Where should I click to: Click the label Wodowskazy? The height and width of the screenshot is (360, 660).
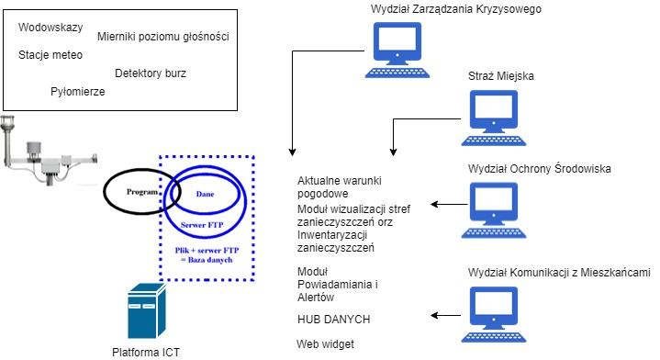pyautogui.click(x=50, y=28)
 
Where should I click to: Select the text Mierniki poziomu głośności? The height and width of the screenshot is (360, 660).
pyautogui.click(x=163, y=37)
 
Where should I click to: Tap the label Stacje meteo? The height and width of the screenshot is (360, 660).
pyautogui.click(x=50, y=55)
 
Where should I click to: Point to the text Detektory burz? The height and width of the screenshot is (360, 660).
pyautogui.click(x=151, y=73)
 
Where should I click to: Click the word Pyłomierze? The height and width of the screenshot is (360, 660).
pyautogui.click(x=78, y=92)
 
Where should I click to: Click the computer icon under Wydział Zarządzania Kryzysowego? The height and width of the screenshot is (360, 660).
pyautogui.click(x=397, y=51)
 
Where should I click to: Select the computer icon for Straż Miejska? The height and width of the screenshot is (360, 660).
pyautogui.click(x=494, y=118)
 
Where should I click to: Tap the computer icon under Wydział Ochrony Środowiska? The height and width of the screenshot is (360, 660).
pyautogui.click(x=494, y=210)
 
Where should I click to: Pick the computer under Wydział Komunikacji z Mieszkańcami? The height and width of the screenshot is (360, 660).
pyautogui.click(x=494, y=314)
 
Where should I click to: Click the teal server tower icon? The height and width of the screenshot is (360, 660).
pyautogui.click(x=147, y=311)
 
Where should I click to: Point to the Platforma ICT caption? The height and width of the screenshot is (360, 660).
pyautogui.click(x=146, y=353)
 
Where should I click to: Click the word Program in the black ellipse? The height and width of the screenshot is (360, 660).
pyautogui.click(x=142, y=192)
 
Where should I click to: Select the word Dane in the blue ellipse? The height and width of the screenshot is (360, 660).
pyautogui.click(x=205, y=194)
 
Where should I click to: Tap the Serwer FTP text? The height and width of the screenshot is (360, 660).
pyautogui.click(x=202, y=225)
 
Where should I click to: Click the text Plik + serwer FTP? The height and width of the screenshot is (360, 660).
pyautogui.click(x=207, y=250)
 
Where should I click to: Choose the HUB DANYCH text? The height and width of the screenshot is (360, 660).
pyautogui.click(x=334, y=320)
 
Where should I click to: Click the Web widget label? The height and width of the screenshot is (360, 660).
pyautogui.click(x=325, y=344)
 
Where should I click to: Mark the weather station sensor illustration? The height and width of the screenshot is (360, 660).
pyautogui.click(x=50, y=151)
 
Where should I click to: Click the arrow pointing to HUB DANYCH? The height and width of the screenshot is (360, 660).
pyautogui.click(x=445, y=315)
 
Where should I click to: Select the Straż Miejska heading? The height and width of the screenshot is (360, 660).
pyautogui.click(x=501, y=76)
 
